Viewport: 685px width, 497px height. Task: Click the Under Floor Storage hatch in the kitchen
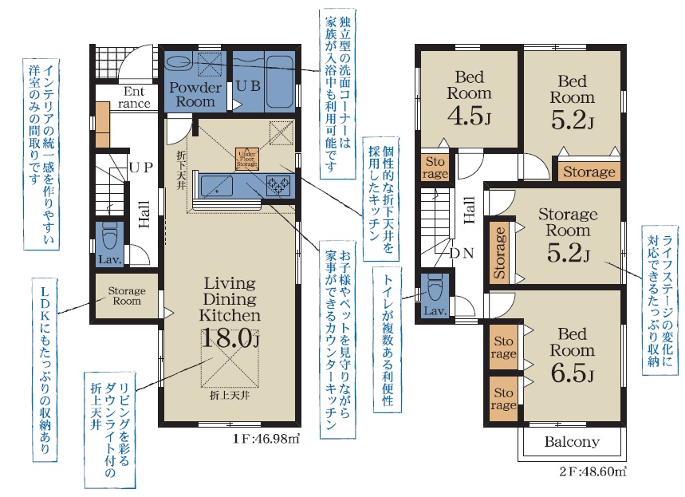click(x=247, y=158)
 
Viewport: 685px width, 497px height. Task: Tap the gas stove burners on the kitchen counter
click(x=278, y=184)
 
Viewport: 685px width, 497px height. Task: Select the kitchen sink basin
click(x=217, y=185)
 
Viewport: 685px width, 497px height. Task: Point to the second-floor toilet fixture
click(x=435, y=288)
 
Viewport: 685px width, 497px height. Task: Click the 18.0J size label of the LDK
click(x=230, y=338)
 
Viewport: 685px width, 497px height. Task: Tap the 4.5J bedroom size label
click(x=469, y=116)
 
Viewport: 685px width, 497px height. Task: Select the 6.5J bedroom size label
click(x=572, y=373)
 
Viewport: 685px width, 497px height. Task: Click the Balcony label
click(x=572, y=441)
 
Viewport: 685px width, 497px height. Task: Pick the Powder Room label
click(x=195, y=94)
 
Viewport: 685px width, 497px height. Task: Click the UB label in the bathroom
click(x=248, y=86)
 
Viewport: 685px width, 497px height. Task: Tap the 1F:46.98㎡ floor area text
click(x=266, y=439)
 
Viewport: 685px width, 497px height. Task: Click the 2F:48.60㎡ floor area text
click(x=592, y=471)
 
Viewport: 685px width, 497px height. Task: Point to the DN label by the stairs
click(x=462, y=253)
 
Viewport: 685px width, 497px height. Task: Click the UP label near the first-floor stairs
click(x=141, y=167)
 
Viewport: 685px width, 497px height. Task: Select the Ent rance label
click(x=134, y=97)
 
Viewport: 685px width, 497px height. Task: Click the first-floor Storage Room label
click(x=127, y=296)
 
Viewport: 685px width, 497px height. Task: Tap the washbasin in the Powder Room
click(x=180, y=63)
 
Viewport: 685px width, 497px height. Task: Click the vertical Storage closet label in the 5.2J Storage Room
click(x=499, y=253)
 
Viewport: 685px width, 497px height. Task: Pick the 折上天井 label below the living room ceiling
click(x=230, y=396)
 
